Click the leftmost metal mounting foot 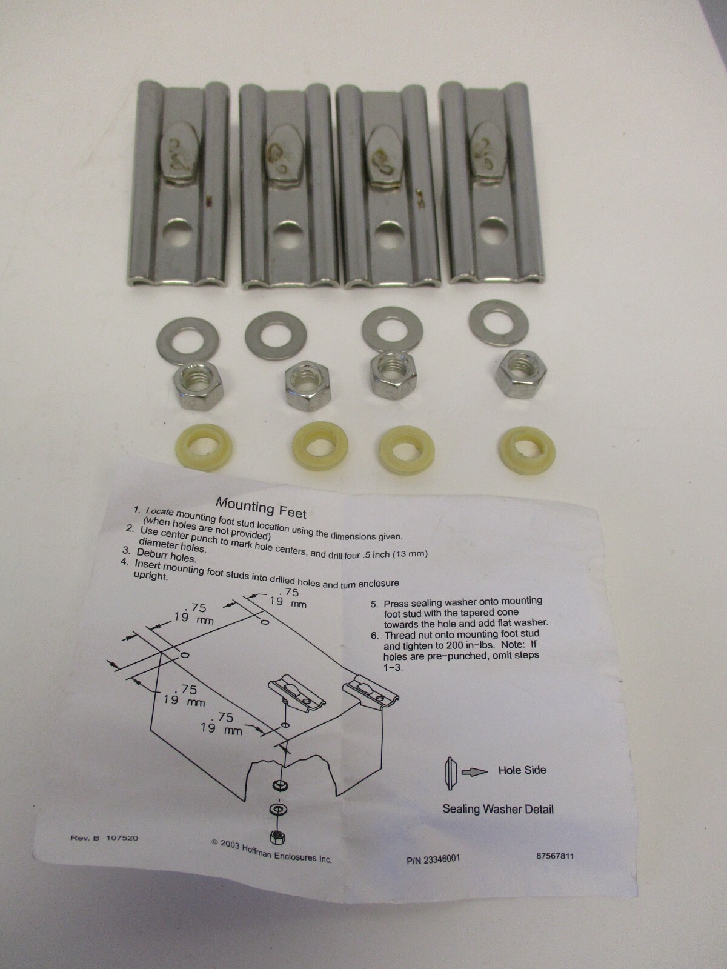tap(180, 185)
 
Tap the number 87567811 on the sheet tap(554, 856)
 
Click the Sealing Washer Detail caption tap(497, 808)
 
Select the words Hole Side tap(522, 770)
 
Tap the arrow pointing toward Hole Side tap(474, 773)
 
